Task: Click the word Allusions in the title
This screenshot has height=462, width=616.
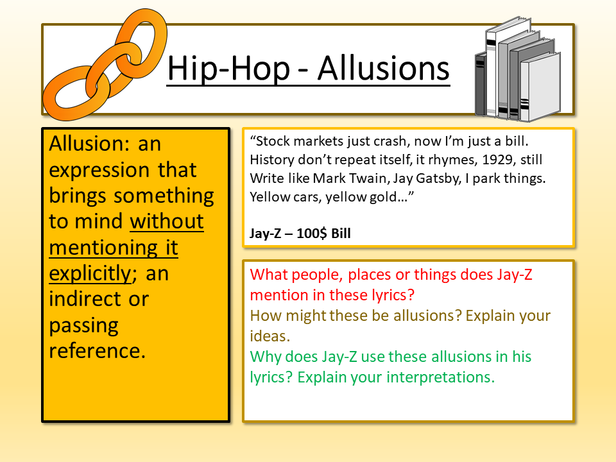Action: (x=384, y=69)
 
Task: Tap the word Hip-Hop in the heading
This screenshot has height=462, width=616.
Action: (x=228, y=69)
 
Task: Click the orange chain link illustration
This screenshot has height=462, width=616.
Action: (x=105, y=64)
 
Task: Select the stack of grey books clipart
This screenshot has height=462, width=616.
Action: (x=518, y=69)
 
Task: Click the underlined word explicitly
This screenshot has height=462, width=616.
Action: (x=90, y=273)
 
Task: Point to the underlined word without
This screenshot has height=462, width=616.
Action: (x=167, y=221)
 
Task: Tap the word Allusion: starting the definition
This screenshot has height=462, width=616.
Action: (x=89, y=143)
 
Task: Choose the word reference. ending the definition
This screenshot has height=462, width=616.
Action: (x=97, y=350)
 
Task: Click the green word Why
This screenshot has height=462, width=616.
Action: (x=265, y=357)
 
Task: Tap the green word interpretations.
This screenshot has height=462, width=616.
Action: (x=440, y=377)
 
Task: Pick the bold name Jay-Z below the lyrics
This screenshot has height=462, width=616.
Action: (x=266, y=234)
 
